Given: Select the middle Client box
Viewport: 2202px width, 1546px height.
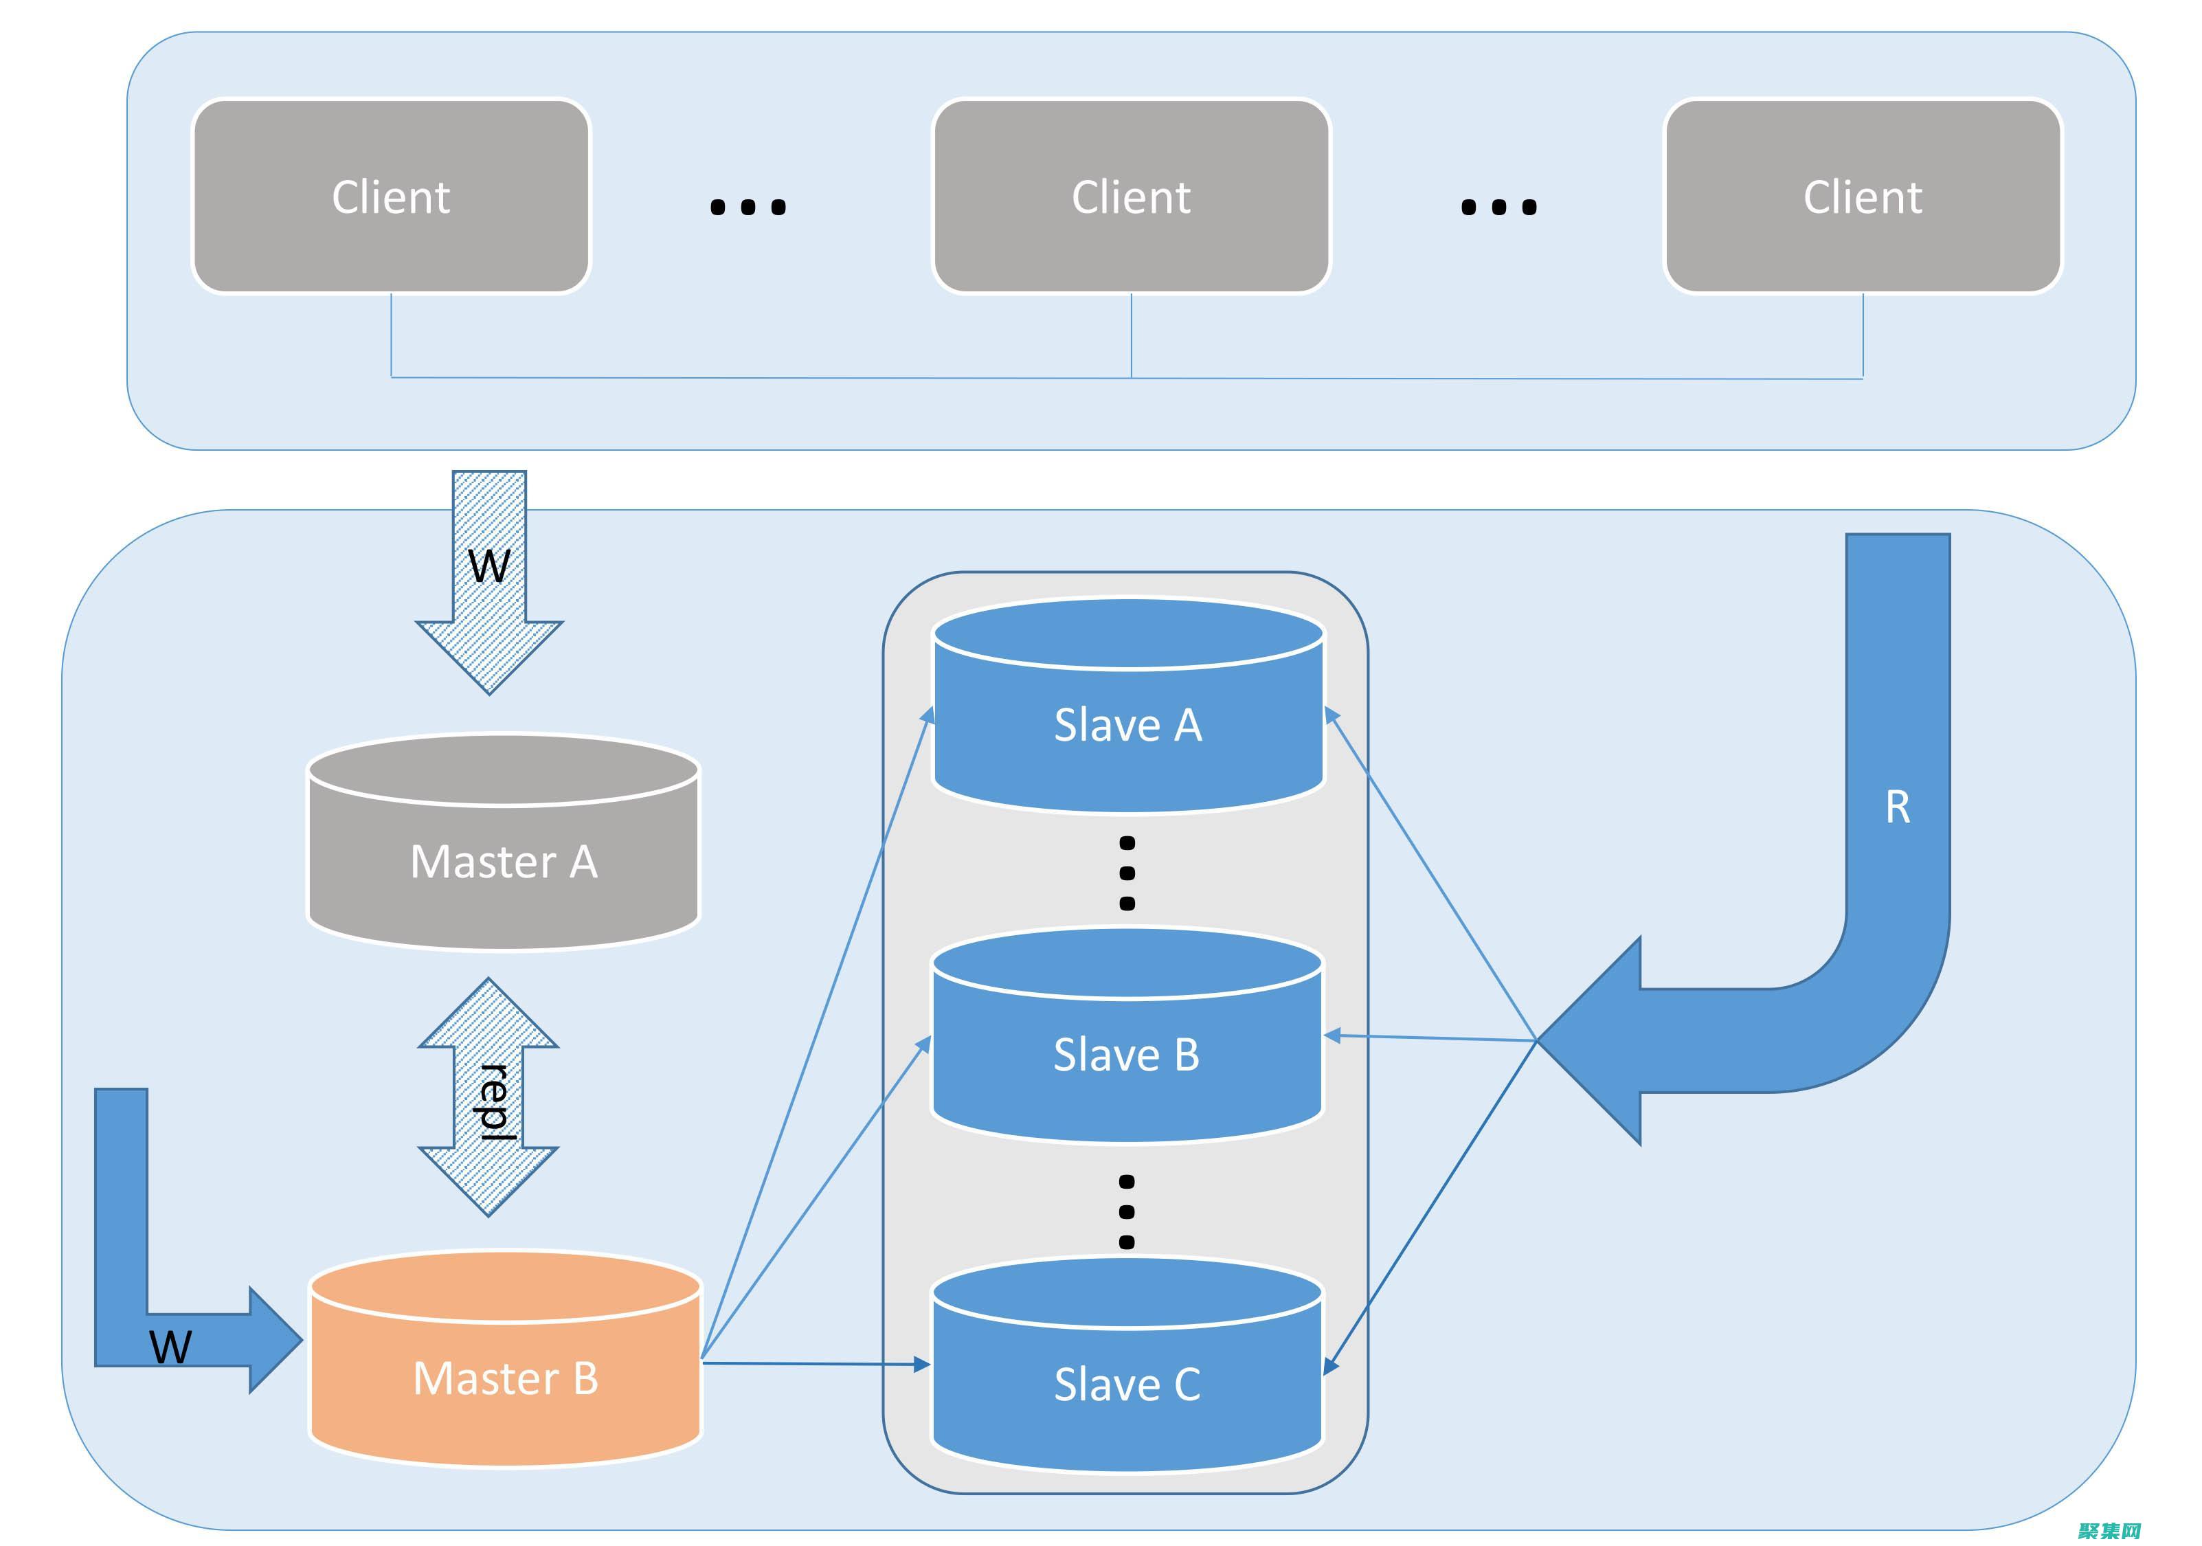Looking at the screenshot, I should click(x=1131, y=197).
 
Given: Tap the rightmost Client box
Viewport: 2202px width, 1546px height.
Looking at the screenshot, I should click(x=1863, y=197).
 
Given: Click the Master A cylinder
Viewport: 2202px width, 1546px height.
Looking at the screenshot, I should click(x=504, y=860).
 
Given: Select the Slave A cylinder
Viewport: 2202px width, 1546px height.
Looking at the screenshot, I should click(x=1128, y=724).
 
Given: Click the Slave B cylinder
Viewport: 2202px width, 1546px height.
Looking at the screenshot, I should click(x=1127, y=1054).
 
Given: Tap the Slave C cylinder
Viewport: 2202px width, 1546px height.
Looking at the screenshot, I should click(x=1127, y=1384).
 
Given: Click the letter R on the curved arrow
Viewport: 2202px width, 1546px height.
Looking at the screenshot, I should click(x=1897, y=807).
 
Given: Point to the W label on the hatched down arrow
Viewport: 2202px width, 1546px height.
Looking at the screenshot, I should click(x=489, y=566).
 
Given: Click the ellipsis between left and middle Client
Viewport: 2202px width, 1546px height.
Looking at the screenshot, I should click(x=748, y=206).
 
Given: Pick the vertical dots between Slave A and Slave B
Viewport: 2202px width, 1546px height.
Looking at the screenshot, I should click(x=1127, y=873).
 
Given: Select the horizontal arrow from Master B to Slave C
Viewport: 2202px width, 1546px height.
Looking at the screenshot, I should click(x=816, y=1363).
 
